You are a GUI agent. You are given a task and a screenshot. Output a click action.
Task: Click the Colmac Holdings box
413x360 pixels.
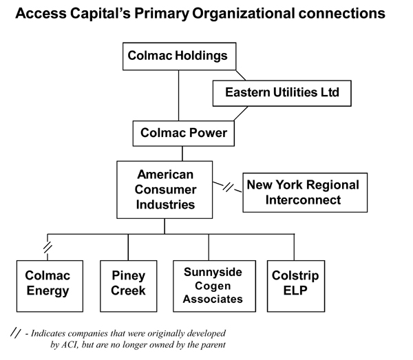(180, 56)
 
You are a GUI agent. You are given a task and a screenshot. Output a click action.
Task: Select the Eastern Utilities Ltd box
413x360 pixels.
(282, 93)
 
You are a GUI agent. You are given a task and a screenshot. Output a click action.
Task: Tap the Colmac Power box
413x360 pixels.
(184, 134)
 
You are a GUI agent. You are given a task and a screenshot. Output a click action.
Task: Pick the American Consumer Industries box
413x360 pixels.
(165, 189)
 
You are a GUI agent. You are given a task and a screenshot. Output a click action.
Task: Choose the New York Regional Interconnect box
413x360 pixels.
(305, 193)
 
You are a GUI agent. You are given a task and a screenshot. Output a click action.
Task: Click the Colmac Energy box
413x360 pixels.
(50, 286)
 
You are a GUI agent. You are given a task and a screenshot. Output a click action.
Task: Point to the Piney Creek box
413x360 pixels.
(129, 286)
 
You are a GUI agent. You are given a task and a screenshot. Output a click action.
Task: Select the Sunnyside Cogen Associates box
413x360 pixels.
(214, 286)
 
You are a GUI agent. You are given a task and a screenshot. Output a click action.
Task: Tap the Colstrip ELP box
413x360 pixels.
(296, 286)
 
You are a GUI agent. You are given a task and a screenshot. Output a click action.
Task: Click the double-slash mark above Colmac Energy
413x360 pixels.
(47, 247)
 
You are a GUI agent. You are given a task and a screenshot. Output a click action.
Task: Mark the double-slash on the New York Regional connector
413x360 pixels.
(228, 187)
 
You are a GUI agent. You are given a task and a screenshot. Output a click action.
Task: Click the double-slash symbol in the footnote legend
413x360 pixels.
(15, 332)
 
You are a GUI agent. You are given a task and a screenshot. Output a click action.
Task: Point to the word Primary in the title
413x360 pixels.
(162, 14)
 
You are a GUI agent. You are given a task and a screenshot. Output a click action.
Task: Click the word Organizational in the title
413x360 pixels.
(244, 14)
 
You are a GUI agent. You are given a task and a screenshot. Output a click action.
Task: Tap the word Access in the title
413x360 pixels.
(41, 13)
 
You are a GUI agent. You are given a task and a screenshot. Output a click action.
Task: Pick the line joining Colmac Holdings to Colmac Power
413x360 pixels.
(178, 95)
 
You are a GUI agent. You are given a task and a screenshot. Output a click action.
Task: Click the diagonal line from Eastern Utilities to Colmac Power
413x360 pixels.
(241, 114)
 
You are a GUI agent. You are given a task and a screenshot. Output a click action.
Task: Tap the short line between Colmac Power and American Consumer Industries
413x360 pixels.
(182, 153)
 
